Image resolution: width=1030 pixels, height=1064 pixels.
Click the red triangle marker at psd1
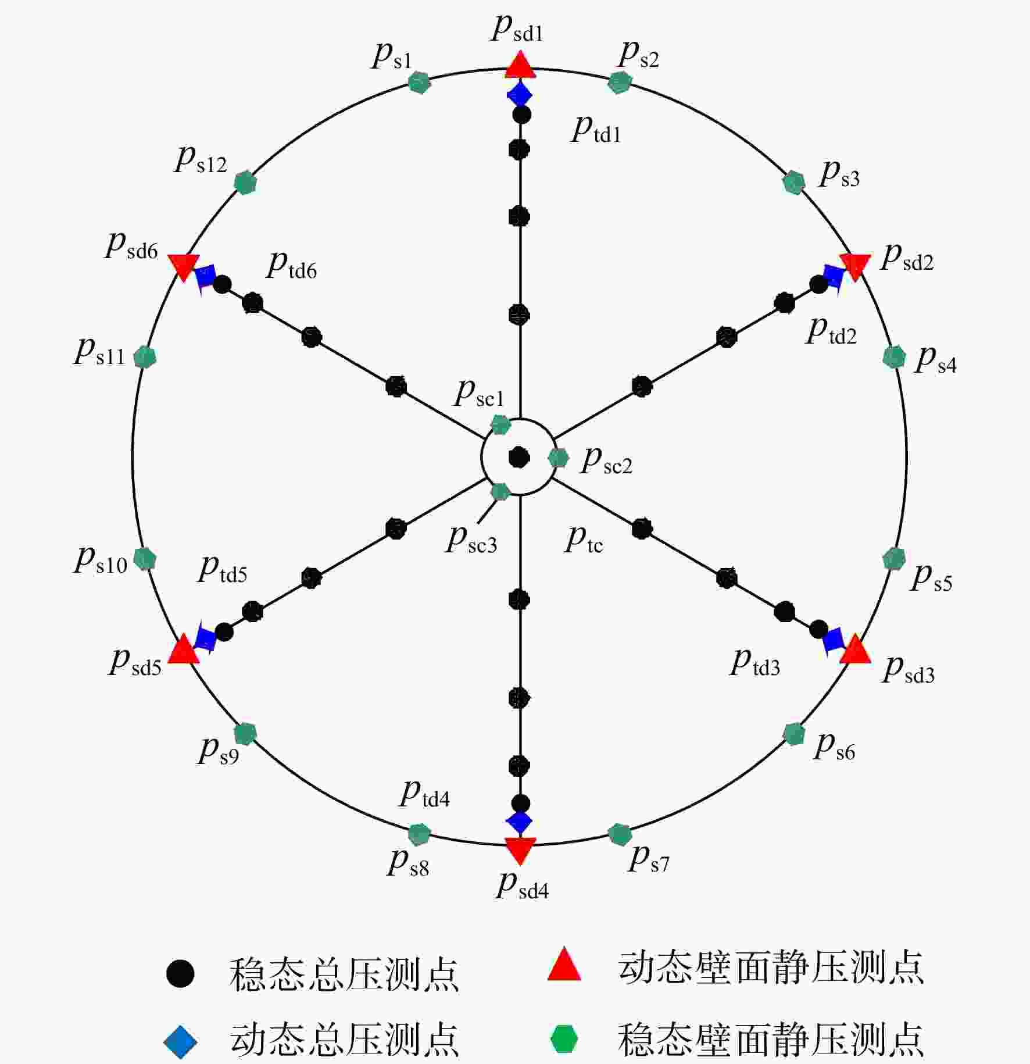click(520, 65)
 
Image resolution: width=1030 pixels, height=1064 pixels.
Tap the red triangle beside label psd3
click(855, 650)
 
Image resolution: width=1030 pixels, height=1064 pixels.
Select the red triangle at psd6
click(184, 267)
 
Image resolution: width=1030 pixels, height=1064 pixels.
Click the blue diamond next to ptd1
click(520, 94)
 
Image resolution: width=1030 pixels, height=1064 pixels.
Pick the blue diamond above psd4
click(519, 822)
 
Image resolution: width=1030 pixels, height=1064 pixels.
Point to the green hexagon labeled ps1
click(419, 83)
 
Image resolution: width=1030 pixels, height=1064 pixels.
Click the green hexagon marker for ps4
click(894, 357)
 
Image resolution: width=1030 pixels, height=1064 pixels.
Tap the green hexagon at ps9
click(245, 734)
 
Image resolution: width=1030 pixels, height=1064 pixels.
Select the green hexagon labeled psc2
click(558, 458)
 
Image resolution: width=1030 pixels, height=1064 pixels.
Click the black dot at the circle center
click(519, 458)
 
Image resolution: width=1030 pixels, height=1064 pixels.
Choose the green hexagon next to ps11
click(145, 357)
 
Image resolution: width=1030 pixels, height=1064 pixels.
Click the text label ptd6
click(292, 266)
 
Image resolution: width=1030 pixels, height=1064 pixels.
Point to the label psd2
click(907, 258)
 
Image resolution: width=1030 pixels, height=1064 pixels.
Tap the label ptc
click(584, 540)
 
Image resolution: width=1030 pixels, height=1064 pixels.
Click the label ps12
click(201, 159)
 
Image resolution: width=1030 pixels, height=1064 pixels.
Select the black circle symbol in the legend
click(180, 973)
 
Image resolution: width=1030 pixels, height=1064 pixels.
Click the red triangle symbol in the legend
click(564, 965)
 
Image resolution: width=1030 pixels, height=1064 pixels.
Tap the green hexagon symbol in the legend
click(564, 1039)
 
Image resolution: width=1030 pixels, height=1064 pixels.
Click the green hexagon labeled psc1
click(500, 425)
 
